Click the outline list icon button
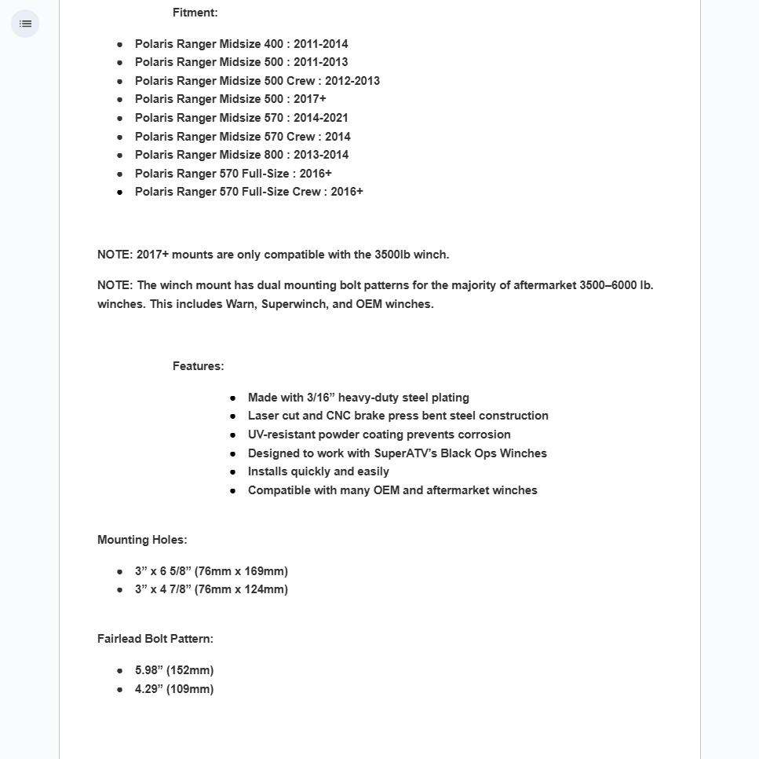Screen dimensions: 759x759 (x=25, y=24)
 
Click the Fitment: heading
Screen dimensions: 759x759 (x=195, y=13)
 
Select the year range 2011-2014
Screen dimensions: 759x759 (x=320, y=44)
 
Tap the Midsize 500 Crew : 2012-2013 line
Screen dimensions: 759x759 (x=257, y=81)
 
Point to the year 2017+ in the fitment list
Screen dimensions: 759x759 (x=310, y=99)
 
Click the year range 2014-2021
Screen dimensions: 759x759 (x=320, y=118)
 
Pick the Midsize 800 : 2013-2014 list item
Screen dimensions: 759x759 (x=242, y=155)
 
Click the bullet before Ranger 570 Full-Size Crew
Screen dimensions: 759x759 (x=120, y=192)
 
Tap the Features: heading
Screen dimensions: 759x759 (x=198, y=366)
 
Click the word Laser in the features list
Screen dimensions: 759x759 (x=263, y=416)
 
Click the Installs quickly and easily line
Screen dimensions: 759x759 (x=319, y=471)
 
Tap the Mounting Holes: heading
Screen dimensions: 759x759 (x=142, y=540)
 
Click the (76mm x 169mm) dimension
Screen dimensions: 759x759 (x=241, y=571)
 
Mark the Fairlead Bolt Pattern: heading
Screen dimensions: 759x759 (x=155, y=639)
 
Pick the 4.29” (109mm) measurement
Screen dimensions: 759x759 (x=174, y=689)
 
